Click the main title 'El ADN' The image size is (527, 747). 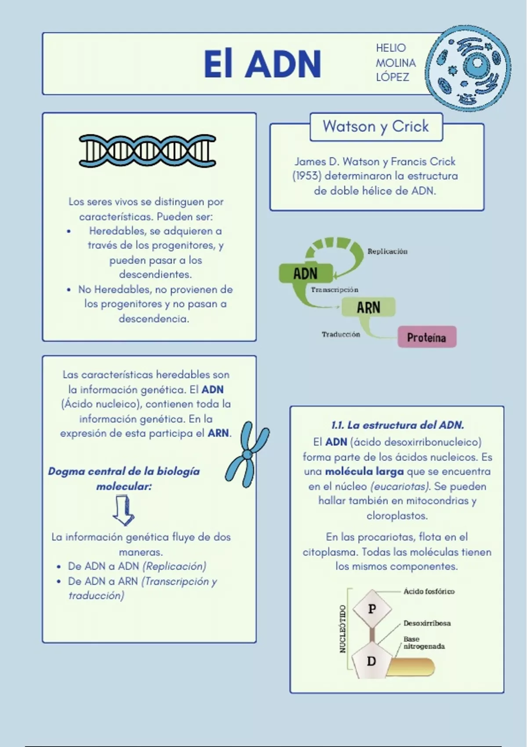click(262, 64)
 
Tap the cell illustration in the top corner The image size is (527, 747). click(468, 69)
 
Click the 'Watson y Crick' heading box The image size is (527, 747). click(376, 127)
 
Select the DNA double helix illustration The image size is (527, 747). click(147, 151)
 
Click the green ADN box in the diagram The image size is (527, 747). click(306, 273)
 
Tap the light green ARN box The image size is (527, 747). click(368, 307)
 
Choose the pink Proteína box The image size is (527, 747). click(427, 337)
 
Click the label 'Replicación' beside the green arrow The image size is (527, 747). click(387, 251)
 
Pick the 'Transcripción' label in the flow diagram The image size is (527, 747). click(335, 290)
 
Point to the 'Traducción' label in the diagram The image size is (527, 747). click(341, 334)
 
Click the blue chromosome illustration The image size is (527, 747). click(247, 454)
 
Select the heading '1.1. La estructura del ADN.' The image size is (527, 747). click(397, 425)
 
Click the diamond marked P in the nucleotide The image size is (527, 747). click(372, 609)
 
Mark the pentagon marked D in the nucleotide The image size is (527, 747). click(372, 660)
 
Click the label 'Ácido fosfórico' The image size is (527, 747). click(429, 591)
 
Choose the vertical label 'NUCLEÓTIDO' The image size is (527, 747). click(343, 629)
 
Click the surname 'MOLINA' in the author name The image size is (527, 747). click(396, 63)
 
